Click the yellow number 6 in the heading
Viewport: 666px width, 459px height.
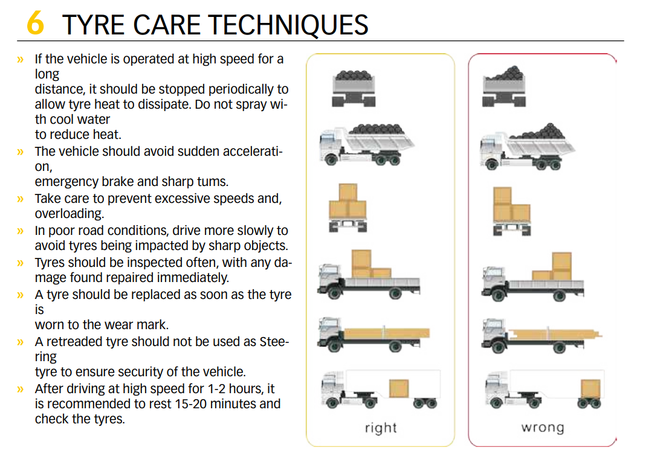pyautogui.click(x=36, y=24)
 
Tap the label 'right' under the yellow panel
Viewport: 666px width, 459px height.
pyautogui.click(x=381, y=428)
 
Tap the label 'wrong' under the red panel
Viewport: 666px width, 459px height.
pyautogui.click(x=542, y=428)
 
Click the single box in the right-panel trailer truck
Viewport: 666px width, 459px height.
pyautogui.click(x=399, y=388)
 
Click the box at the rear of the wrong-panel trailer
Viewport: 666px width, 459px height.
pyautogui.click(x=590, y=389)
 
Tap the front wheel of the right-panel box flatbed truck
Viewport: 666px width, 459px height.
pyautogui.click(x=331, y=294)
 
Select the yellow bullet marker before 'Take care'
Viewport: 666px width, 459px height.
pyautogui.click(x=21, y=199)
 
